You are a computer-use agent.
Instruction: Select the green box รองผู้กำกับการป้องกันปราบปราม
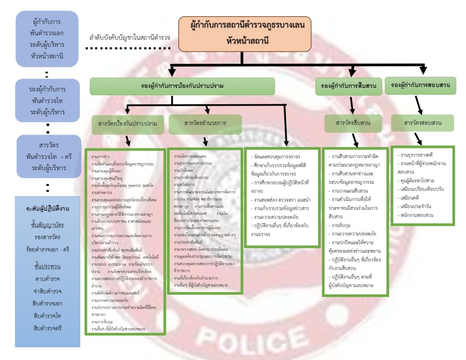(182, 86)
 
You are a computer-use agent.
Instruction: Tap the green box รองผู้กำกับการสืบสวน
(349, 86)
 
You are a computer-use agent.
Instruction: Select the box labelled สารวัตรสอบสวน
(422, 122)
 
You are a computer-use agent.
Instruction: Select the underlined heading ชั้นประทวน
(46, 266)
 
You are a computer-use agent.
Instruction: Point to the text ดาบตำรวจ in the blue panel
(47, 279)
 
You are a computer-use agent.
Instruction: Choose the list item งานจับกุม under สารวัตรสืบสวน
(342, 225)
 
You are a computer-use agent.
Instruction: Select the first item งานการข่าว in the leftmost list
(100, 156)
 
